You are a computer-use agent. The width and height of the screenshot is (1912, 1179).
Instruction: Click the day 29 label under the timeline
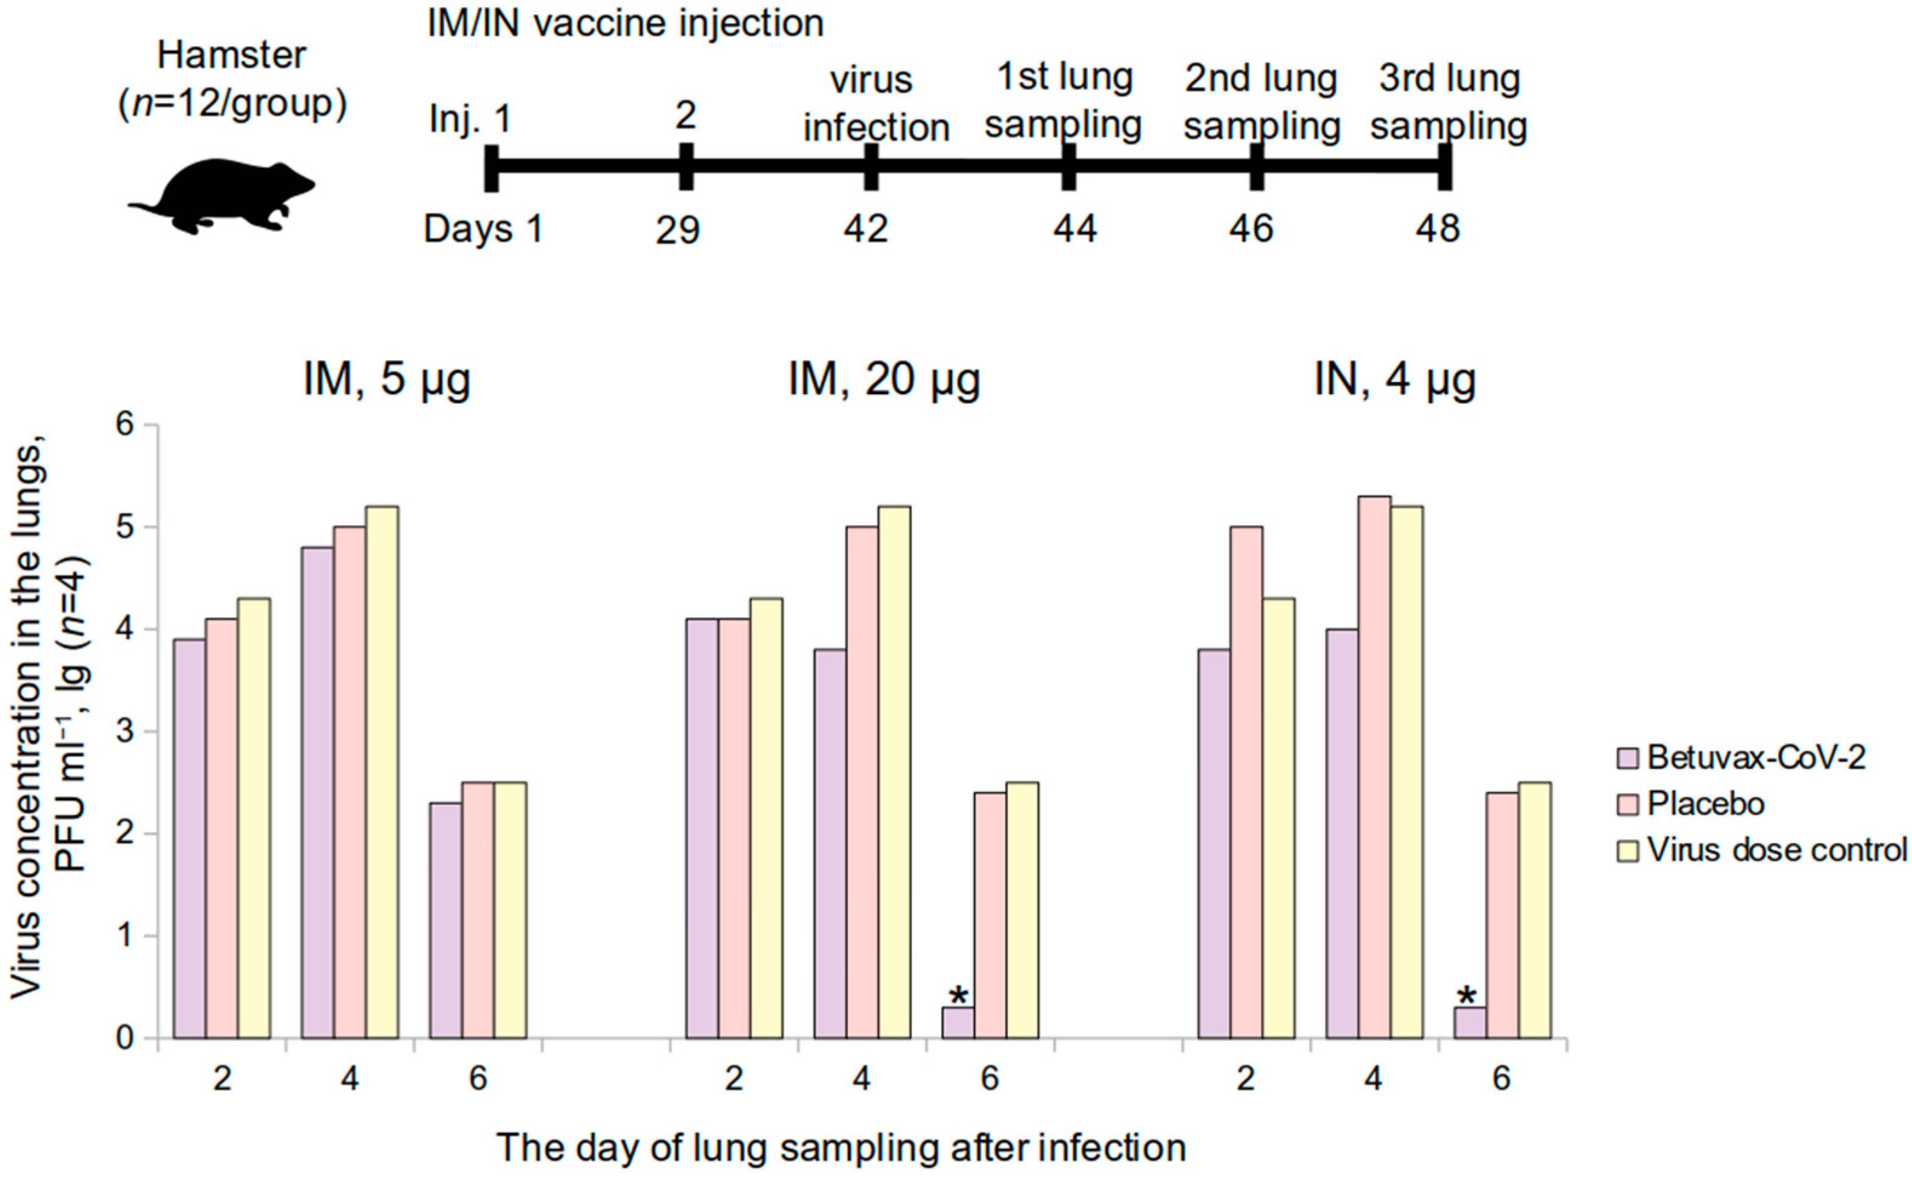tap(677, 231)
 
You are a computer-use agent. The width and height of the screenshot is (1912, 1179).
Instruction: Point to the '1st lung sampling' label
tap(1064, 101)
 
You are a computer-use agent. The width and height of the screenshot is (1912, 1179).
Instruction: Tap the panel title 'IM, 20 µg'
tap(884, 380)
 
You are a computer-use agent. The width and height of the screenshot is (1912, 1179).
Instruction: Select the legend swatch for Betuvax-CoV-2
tap(1627, 758)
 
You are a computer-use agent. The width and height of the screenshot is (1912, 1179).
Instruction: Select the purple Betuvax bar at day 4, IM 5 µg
tap(317, 791)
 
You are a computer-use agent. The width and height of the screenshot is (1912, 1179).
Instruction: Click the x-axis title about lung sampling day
tap(841, 1148)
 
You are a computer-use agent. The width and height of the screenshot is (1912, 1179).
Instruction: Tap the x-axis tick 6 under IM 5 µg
tap(477, 1079)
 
